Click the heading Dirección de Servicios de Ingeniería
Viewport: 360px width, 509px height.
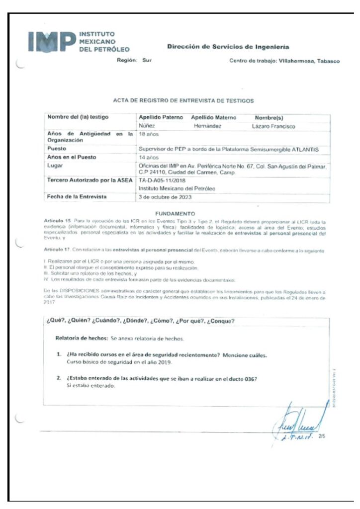tap(228, 47)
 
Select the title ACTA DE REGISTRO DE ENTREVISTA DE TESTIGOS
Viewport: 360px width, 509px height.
tap(183, 100)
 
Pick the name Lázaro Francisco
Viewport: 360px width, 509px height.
tap(273, 126)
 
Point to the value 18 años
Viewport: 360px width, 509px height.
tap(149, 134)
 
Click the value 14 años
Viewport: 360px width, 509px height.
tap(149, 158)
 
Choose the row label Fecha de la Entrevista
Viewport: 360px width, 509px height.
tap(77, 197)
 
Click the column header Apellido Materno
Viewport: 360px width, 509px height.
tap(213, 118)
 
